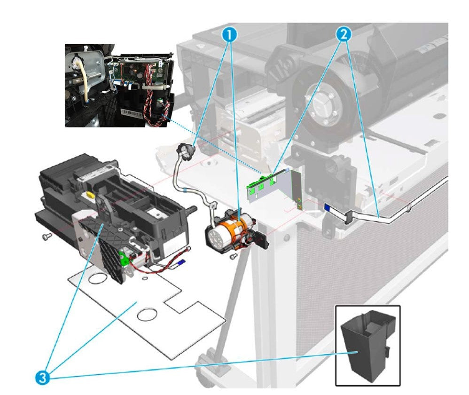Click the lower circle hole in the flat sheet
pos(149,312)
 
